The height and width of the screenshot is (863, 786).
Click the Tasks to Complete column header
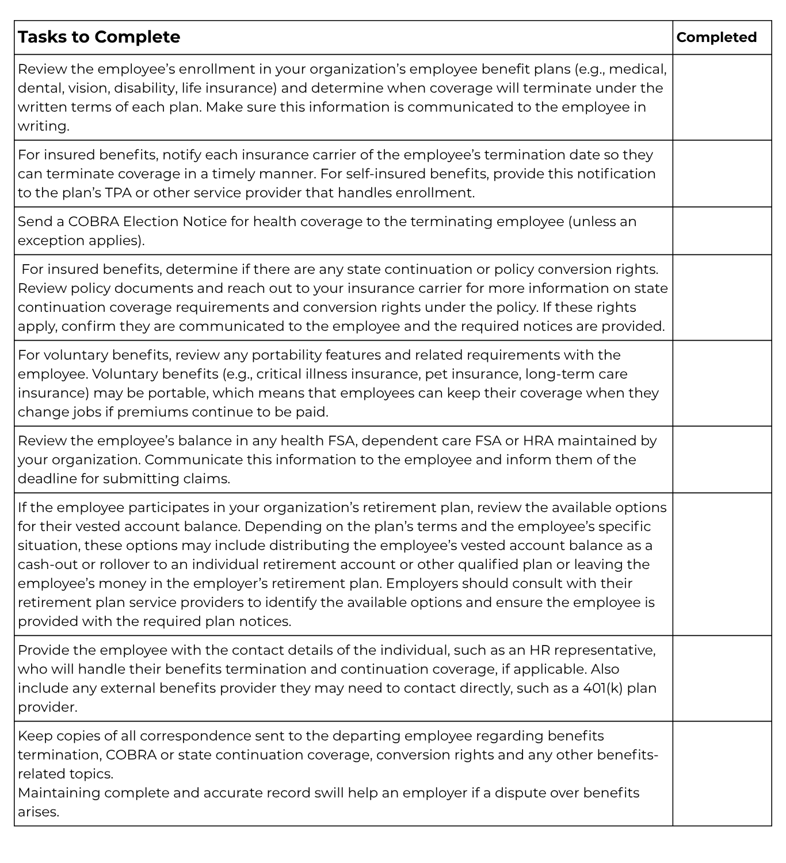pyautogui.click(x=99, y=37)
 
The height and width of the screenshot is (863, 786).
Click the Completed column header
pyautogui.click(x=716, y=37)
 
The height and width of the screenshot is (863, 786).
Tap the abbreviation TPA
pyautogui.click(x=117, y=193)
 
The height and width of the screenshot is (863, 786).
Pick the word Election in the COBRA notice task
pyautogui.click(x=151, y=222)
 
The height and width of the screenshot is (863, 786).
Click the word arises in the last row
pyautogui.click(x=38, y=812)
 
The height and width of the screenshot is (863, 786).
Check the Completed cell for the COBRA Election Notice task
pyautogui.click(x=722, y=231)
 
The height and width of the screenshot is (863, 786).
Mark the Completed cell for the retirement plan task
pyautogui.click(x=722, y=564)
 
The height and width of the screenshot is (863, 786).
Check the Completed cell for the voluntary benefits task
pyautogui.click(x=722, y=383)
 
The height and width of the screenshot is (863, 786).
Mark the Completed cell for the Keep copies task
pyautogui.click(x=722, y=773)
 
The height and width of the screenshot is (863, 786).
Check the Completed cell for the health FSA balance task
pyautogui.click(x=722, y=459)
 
